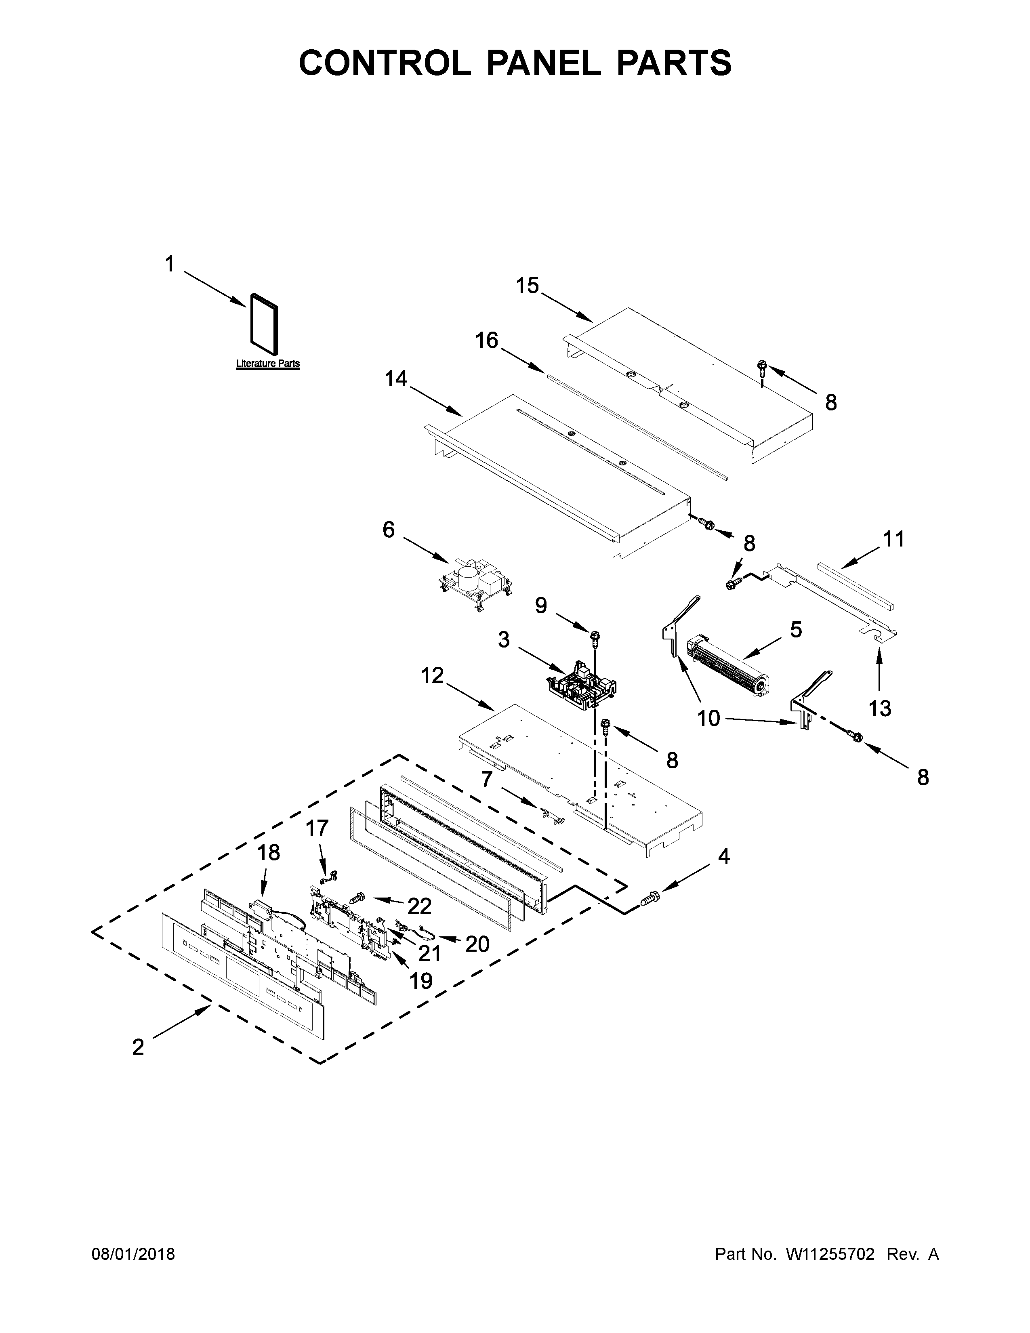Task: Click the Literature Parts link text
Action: click(268, 364)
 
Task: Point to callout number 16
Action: click(487, 340)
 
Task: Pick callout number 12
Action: click(432, 676)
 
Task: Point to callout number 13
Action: click(880, 709)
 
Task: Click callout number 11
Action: click(894, 540)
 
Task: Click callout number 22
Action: click(420, 906)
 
